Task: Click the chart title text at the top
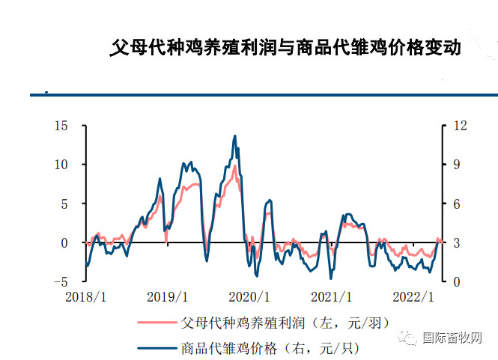pos(285,49)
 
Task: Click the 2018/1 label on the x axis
pos(86,297)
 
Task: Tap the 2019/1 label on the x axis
pos(167,297)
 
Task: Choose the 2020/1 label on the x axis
pos(248,297)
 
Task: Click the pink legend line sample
pos(157,323)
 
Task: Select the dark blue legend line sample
pos(157,347)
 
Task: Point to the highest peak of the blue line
pos(235,136)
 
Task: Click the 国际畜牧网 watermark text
pos(452,338)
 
